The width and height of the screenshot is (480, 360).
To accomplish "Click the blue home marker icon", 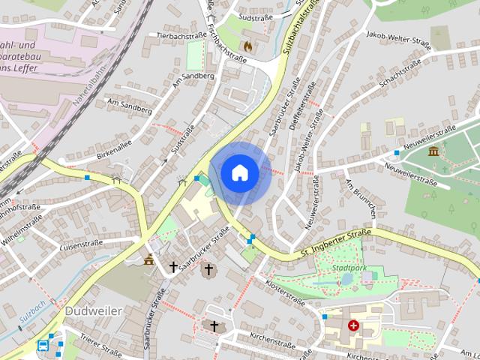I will click(239, 173).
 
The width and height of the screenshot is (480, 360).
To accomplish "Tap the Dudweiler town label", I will click(94, 310).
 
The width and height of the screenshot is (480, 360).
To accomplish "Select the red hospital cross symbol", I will click(353, 325).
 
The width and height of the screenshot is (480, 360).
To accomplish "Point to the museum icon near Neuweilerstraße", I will click(433, 152).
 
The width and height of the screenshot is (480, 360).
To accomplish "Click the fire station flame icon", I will click(259, 45).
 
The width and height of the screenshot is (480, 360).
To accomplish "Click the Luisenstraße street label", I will click(81, 244).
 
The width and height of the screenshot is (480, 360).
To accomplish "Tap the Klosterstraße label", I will click(286, 292).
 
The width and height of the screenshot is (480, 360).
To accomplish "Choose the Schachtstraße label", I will click(399, 75).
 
